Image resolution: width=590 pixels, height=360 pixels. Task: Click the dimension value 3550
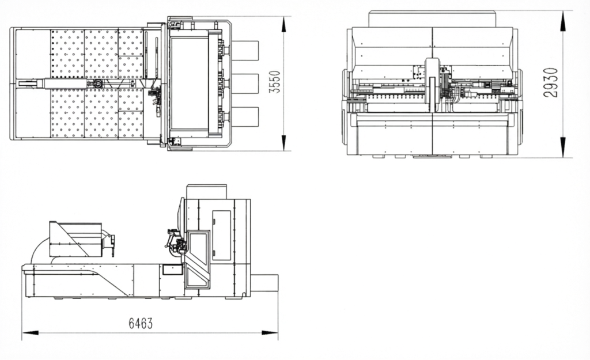(x=275, y=82)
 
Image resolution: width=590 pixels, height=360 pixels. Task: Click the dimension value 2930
(x=550, y=83)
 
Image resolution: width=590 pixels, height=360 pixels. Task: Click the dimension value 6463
(x=141, y=323)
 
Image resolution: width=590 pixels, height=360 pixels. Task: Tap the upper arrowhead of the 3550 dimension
(x=284, y=25)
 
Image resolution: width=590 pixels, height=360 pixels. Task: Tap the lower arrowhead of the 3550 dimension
(x=284, y=143)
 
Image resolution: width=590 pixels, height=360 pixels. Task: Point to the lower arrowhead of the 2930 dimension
(x=563, y=147)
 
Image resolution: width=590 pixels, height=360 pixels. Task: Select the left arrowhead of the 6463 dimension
(x=30, y=333)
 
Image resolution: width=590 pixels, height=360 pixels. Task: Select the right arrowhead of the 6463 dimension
(x=270, y=333)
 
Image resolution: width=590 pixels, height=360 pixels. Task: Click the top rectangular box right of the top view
(x=245, y=51)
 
